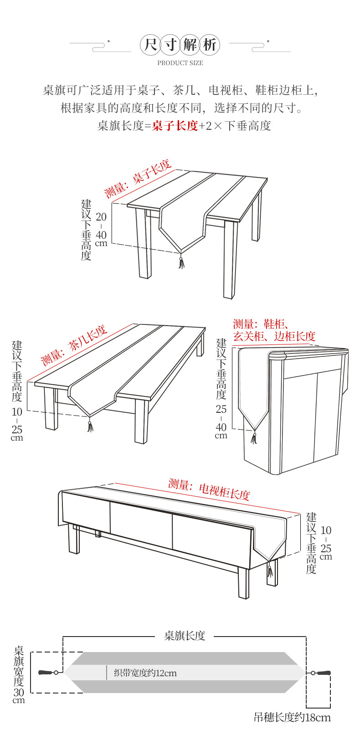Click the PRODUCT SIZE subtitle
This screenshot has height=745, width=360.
[x=180, y=63]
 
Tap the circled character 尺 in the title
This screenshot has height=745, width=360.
[x=151, y=45]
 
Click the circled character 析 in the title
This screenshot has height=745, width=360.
[x=210, y=45]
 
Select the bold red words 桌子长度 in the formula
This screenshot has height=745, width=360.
[x=175, y=126]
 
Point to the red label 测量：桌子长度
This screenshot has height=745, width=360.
[x=138, y=179]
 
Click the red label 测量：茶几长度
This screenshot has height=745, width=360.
[x=74, y=345]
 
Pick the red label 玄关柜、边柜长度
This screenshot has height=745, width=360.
[x=274, y=336]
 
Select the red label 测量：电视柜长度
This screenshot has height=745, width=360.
[x=209, y=490]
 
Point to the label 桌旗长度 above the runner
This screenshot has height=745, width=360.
[x=185, y=636]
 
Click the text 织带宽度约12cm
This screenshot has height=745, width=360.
[x=145, y=673]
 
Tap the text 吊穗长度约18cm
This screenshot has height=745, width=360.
[x=292, y=718]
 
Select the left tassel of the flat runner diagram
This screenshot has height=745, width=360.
[x=46, y=673]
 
